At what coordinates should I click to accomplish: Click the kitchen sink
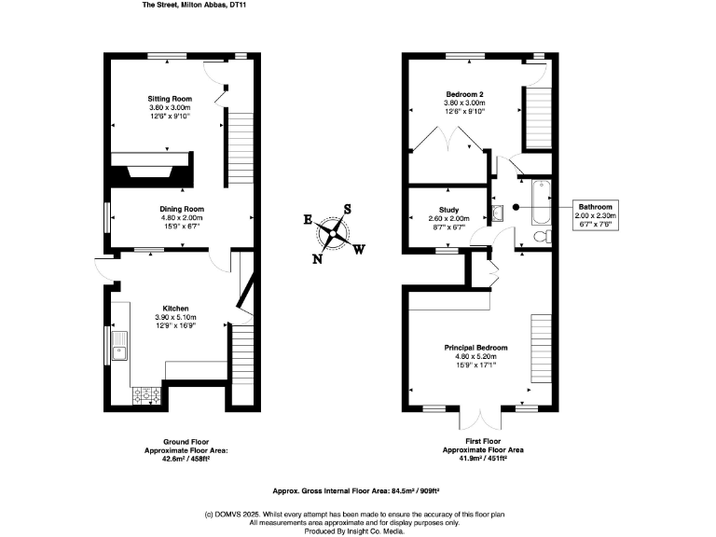coord(119,346)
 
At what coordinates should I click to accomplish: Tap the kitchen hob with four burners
coord(146,395)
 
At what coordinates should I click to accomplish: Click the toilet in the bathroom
coord(540,238)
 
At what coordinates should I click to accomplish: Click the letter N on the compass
coord(317,259)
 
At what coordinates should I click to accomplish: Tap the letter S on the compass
coord(348,209)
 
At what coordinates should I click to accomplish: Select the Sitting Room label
coord(170,98)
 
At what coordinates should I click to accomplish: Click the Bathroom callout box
coord(594,214)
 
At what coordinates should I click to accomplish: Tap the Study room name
coord(449,210)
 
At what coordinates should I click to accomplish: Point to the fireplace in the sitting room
coord(149,172)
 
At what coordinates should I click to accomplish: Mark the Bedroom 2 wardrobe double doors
coord(449,141)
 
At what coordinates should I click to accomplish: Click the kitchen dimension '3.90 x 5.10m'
coord(176,317)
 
